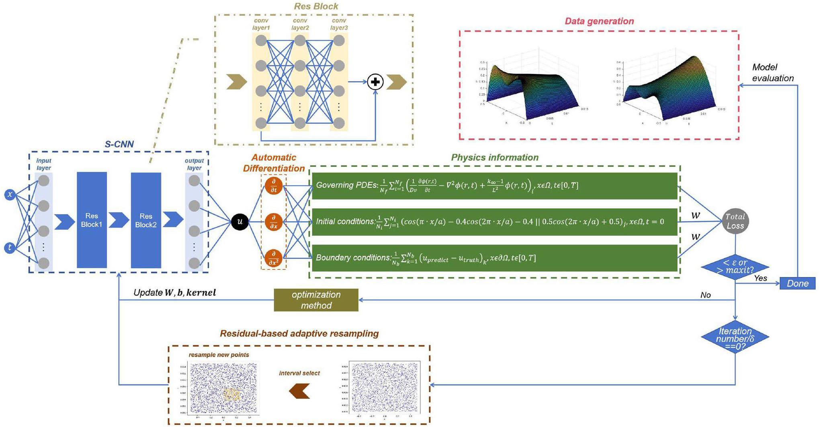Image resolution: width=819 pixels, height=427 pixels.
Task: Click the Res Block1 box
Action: [x=92, y=220]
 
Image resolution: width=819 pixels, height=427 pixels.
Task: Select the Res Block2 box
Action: [x=146, y=220]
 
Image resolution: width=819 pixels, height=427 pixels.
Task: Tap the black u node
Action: [x=240, y=222]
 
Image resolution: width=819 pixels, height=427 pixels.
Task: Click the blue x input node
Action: [x=10, y=195]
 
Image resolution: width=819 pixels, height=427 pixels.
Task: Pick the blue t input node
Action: [x=10, y=248]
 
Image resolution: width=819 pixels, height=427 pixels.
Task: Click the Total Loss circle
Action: [x=735, y=221]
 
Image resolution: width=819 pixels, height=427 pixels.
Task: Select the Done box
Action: [x=797, y=283]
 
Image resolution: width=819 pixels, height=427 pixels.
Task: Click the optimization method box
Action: [x=316, y=300]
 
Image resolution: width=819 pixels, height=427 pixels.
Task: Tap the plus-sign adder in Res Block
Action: [x=375, y=82]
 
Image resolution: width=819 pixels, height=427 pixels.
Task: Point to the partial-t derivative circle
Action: [x=274, y=186]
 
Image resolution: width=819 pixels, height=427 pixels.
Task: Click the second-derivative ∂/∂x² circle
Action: [x=274, y=258]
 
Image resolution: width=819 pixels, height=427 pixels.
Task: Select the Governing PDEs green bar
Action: [x=494, y=186]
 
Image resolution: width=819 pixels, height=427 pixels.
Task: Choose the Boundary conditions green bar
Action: [x=494, y=258]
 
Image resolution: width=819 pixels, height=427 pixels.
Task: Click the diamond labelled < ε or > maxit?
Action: [x=735, y=267]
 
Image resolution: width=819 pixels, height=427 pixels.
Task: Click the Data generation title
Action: [x=599, y=21]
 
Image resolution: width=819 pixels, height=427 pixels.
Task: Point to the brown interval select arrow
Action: [x=299, y=390]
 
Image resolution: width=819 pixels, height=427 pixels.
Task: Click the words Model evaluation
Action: [x=772, y=73]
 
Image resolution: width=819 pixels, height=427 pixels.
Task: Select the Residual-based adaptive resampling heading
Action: [x=299, y=334]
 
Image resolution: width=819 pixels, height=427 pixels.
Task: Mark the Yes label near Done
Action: [x=760, y=278]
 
